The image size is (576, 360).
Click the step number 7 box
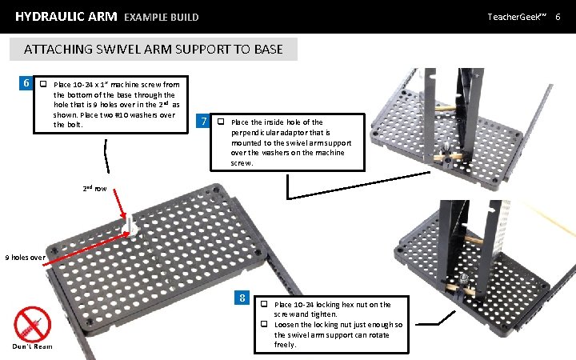[x=206, y=122]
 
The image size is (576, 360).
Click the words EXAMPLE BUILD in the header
[x=162, y=17]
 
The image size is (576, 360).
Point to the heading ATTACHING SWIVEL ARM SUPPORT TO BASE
[x=153, y=49]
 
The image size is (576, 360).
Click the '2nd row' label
[x=95, y=188]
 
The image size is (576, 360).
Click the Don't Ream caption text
[x=33, y=346]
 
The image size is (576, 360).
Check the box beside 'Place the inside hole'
[x=221, y=122]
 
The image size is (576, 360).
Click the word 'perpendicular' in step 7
[x=254, y=132]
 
